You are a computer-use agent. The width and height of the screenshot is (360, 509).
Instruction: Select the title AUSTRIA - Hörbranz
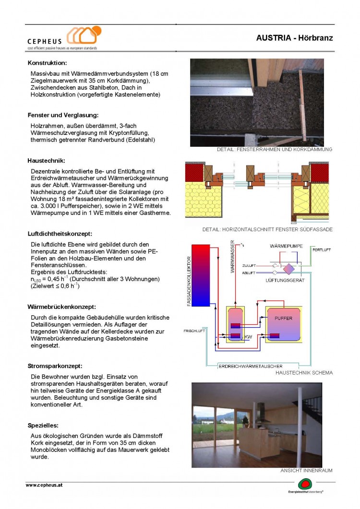tap(294, 37)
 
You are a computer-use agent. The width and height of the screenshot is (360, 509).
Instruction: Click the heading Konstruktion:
tap(47, 63)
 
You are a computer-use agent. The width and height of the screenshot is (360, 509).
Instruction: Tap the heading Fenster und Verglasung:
tap(63, 115)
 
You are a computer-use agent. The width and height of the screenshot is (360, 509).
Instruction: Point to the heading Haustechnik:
tap(46, 161)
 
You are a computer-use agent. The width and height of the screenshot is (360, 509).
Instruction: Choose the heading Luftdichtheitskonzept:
tap(60, 234)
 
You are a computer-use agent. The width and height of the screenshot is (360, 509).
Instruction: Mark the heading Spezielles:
tap(43, 425)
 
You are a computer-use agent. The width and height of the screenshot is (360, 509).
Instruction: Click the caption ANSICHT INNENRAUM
tap(306, 471)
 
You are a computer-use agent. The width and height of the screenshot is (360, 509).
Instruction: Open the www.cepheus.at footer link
tap(44, 485)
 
